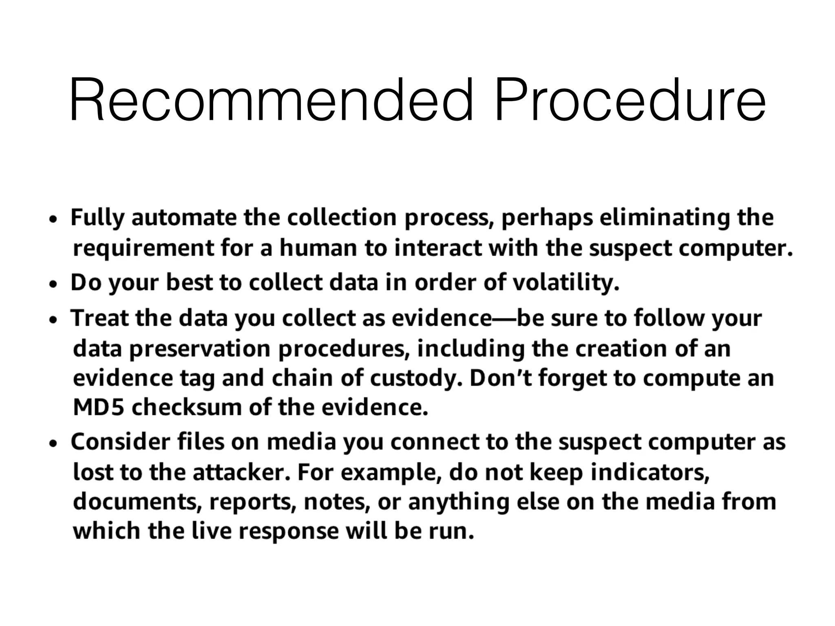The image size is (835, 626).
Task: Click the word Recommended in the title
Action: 271,101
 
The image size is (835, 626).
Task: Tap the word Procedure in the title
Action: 630,101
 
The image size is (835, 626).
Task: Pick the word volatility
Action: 566,282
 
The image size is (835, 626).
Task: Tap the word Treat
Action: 100,318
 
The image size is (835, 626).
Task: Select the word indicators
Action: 650,472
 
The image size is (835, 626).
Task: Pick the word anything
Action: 459,502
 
